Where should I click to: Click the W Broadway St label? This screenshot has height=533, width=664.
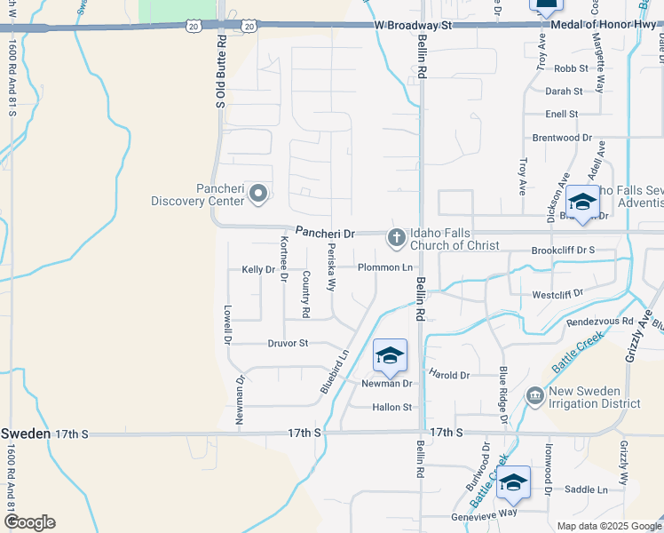[x=414, y=26]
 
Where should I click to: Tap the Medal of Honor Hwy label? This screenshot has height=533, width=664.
[x=606, y=25]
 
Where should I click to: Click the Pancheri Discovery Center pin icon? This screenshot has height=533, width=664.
[x=258, y=193]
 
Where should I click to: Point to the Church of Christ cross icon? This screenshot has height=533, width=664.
[x=396, y=238]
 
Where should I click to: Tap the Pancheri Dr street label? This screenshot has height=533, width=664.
[x=325, y=234]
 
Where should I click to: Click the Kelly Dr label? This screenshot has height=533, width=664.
[x=258, y=269]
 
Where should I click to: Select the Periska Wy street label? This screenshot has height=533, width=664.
[x=332, y=267]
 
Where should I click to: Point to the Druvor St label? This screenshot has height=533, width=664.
[x=288, y=343]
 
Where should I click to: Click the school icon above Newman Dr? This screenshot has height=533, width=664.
[x=390, y=356]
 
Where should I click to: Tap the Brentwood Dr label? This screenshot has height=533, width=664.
[x=562, y=138]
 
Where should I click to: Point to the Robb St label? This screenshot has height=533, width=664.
[x=572, y=68]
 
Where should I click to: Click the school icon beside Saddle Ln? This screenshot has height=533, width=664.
[x=513, y=482]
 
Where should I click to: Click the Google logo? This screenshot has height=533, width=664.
[x=29, y=522]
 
